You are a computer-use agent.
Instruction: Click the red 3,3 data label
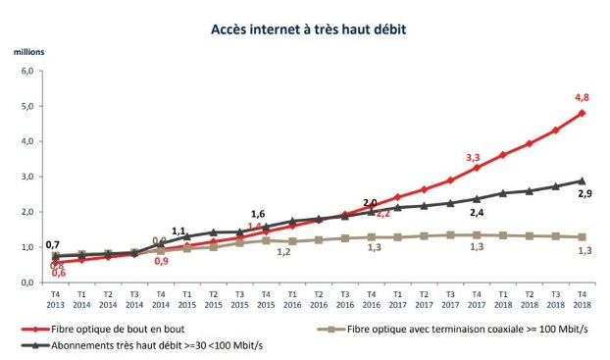click(472, 157)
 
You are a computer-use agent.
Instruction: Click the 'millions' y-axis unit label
click(28, 48)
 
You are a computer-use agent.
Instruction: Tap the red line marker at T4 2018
click(583, 113)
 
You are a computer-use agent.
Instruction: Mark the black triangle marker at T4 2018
click(583, 180)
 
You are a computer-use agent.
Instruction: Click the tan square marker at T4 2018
click(583, 237)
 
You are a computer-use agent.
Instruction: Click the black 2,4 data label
click(477, 213)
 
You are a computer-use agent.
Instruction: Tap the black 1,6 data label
click(258, 214)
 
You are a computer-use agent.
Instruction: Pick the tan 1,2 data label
click(283, 253)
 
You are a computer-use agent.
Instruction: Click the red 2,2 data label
click(383, 213)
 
